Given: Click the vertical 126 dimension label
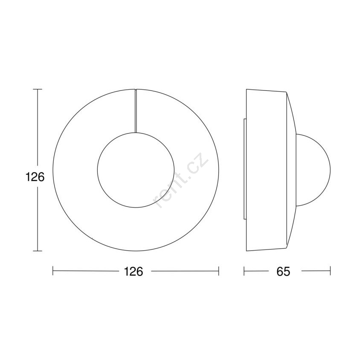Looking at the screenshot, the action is (35, 177).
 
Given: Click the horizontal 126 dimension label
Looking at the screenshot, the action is (134, 271).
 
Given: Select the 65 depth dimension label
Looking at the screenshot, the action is (283, 271).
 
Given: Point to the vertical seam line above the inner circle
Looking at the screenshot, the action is (136, 111).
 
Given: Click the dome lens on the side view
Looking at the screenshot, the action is (330, 170).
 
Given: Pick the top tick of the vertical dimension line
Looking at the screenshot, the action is (38, 89).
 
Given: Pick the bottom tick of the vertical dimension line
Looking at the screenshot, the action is (38, 251).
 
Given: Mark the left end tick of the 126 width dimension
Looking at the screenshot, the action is (53, 271).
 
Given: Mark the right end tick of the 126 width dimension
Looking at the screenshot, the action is (218, 271).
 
